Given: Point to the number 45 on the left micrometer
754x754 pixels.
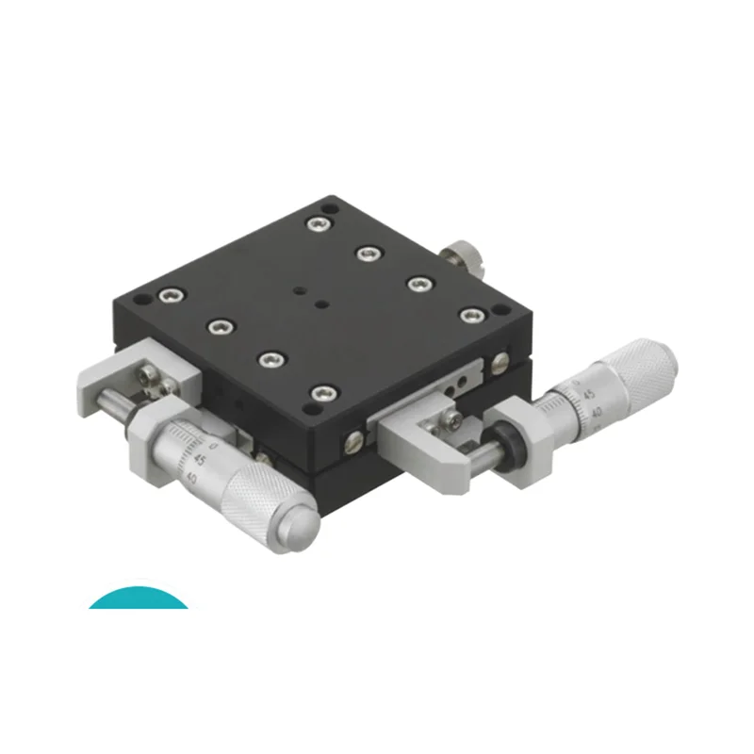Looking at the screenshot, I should tap(201, 460).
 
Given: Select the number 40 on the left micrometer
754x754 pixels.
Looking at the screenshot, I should tap(192, 477).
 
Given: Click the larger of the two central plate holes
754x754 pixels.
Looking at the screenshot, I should tap(321, 304).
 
